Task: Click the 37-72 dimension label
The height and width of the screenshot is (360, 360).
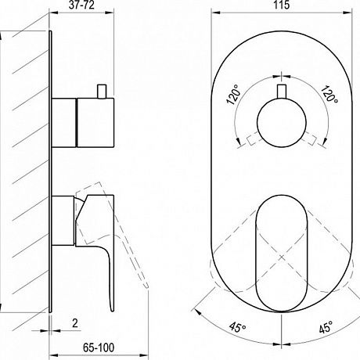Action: (81, 5)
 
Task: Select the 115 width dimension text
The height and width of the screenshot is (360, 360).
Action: (282, 5)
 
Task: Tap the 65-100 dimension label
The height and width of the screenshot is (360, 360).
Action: (99, 347)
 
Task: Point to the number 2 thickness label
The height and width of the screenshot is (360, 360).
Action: (75, 323)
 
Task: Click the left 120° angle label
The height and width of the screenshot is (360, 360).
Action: (233, 95)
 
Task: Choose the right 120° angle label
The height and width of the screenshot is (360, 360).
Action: (329, 94)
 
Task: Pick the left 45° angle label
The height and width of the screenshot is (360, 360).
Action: (238, 327)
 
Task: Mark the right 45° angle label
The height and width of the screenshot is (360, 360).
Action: (326, 327)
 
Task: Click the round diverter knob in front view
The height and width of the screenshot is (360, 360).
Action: (281, 123)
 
